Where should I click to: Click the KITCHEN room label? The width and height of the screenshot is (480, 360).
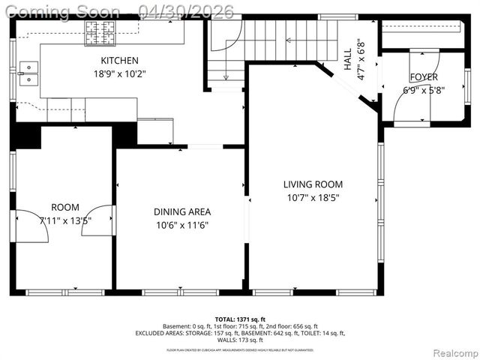coord(120,60)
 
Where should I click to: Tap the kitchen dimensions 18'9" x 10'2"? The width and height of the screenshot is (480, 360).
coord(120,73)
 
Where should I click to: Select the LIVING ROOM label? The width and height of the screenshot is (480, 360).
coord(313,184)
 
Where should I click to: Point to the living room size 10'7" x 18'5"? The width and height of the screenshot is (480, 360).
coord(313,197)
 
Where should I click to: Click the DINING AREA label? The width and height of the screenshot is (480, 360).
coord(182,211)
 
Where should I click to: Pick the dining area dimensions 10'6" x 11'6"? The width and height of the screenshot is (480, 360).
coord(182,225)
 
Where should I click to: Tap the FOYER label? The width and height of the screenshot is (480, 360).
coord(424,77)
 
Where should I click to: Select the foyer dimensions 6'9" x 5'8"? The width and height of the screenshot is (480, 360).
coord(424,91)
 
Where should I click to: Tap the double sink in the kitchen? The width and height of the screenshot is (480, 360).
coord(28,73)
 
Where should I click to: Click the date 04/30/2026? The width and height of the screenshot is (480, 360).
coord(186,11)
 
